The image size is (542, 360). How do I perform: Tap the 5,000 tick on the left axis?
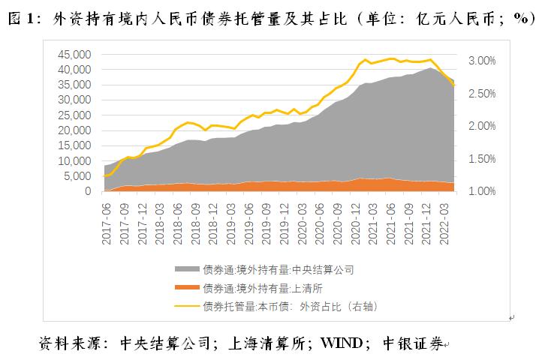78,176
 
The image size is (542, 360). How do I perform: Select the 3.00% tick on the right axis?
481,61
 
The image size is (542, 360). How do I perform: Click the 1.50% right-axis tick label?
481,159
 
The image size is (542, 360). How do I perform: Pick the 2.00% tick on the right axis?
481,126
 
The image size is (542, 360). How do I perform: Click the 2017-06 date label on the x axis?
106,222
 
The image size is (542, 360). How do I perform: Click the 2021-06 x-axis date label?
389,222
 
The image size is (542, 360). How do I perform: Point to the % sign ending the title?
522,19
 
